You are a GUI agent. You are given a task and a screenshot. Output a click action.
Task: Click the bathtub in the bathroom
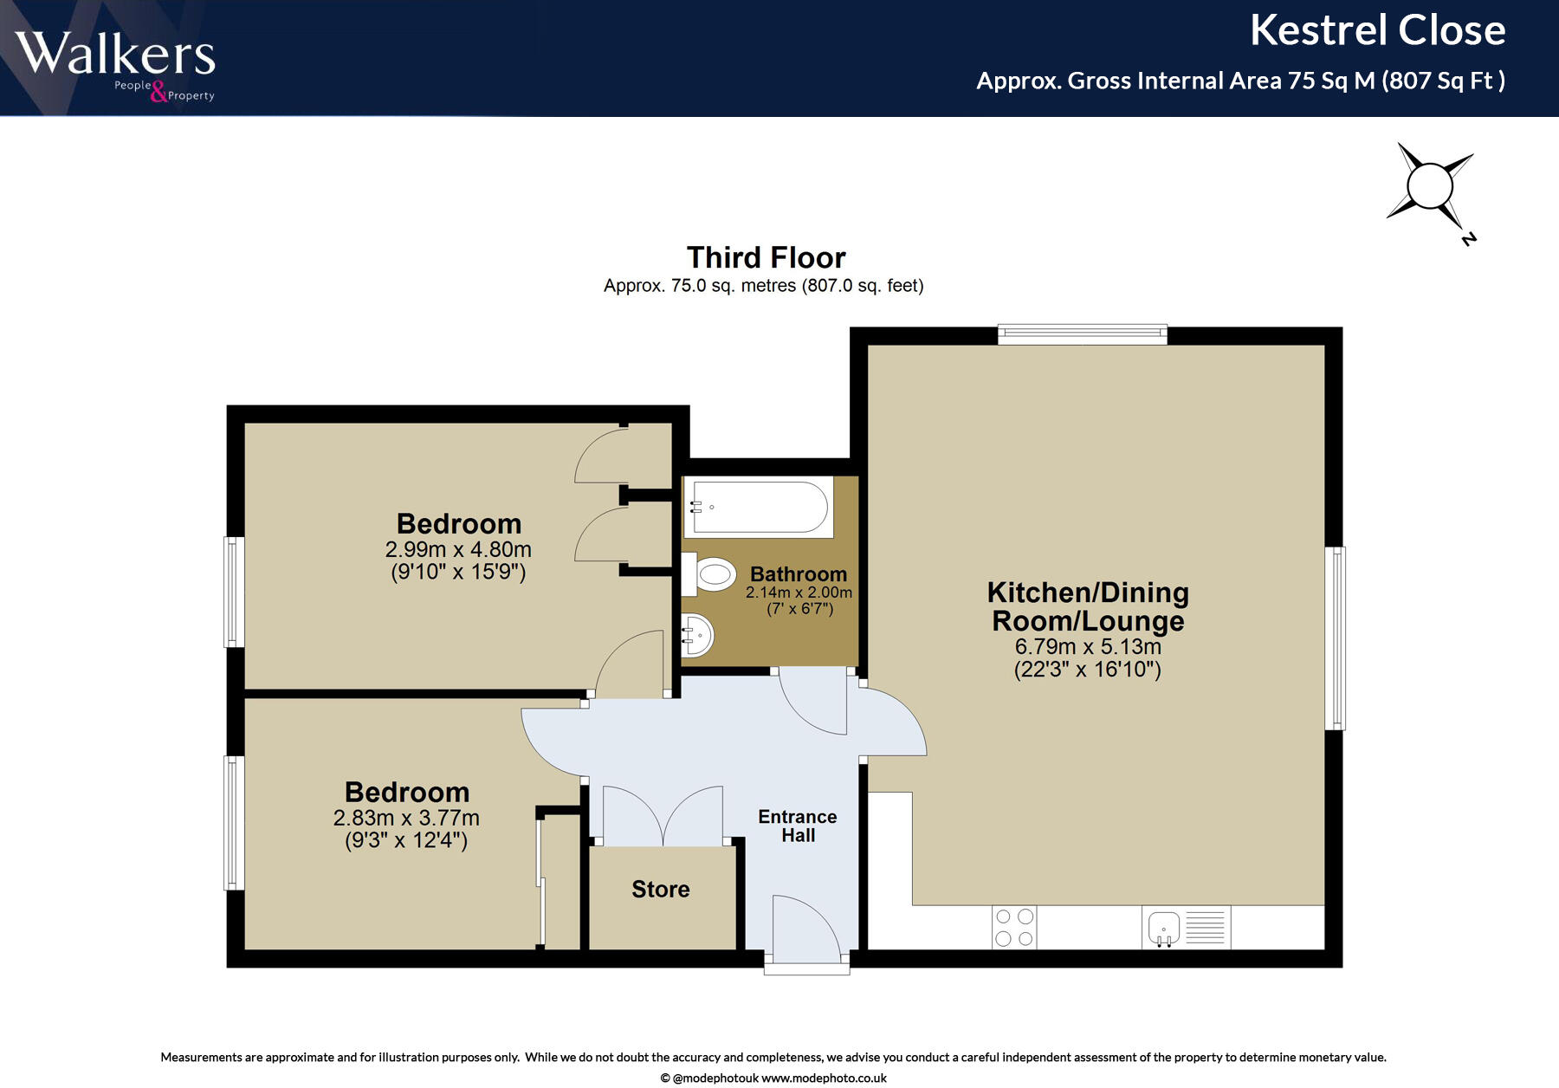point(759,508)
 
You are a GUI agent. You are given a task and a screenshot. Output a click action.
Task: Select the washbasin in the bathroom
point(696,635)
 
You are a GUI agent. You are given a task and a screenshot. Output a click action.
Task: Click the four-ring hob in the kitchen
point(1014,927)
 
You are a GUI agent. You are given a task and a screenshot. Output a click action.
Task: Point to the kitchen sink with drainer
point(1186,927)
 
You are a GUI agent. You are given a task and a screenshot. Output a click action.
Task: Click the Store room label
point(660,890)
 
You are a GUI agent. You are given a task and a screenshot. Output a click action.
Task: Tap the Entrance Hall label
point(797,826)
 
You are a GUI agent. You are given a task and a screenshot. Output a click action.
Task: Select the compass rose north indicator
point(1430,187)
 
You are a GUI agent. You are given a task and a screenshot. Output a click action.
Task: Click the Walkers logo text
point(114,54)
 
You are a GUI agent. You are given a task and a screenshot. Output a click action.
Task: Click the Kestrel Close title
point(1377,31)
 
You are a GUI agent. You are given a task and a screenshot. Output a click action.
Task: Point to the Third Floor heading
point(766,257)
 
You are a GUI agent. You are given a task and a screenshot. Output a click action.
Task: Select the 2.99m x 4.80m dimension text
point(458,549)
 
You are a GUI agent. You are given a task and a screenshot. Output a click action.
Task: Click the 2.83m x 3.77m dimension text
point(406,818)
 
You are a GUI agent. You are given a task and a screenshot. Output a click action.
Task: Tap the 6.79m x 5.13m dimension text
point(1088,646)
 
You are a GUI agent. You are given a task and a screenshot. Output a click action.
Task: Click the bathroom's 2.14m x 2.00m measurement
point(799,593)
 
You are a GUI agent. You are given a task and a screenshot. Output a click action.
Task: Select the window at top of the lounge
point(1082,334)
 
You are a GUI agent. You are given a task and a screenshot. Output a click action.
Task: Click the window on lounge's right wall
point(1336,638)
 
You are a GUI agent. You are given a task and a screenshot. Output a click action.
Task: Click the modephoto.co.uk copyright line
point(773,1078)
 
